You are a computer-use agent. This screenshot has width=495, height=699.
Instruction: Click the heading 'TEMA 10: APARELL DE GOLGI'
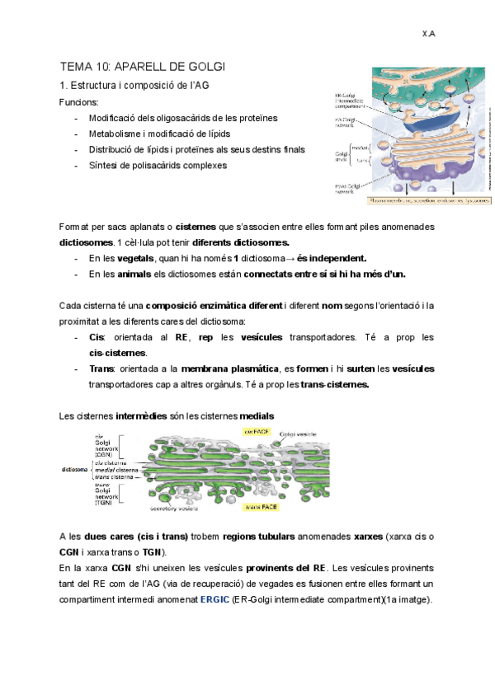coord(142,66)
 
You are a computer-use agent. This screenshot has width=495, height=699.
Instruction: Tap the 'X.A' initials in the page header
coord(428,34)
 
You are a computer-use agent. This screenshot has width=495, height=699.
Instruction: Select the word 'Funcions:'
coord(79,102)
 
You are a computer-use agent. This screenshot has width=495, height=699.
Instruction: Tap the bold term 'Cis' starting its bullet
coord(96,337)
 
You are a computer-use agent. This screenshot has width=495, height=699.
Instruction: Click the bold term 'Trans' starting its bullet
coord(101,368)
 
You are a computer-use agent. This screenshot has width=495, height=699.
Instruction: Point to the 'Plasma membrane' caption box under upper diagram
coord(420,199)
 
